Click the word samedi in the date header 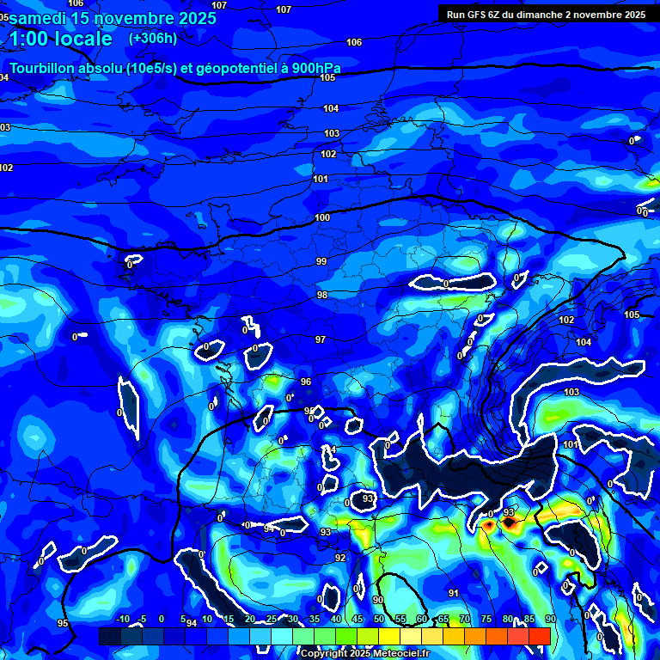point(38,17)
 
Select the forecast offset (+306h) point(153,38)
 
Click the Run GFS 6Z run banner point(546,14)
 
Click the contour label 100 point(322,217)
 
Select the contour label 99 point(321,261)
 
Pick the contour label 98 point(322,295)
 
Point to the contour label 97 point(321,339)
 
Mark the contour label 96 point(306,382)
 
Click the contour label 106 point(354,42)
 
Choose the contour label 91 point(454,593)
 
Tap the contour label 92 point(340,558)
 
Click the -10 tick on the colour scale point(122,619)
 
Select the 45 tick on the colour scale point(357,619)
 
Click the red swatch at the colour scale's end point(539,636)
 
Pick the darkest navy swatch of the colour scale point(109,636)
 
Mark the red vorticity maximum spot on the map point(509,522)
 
